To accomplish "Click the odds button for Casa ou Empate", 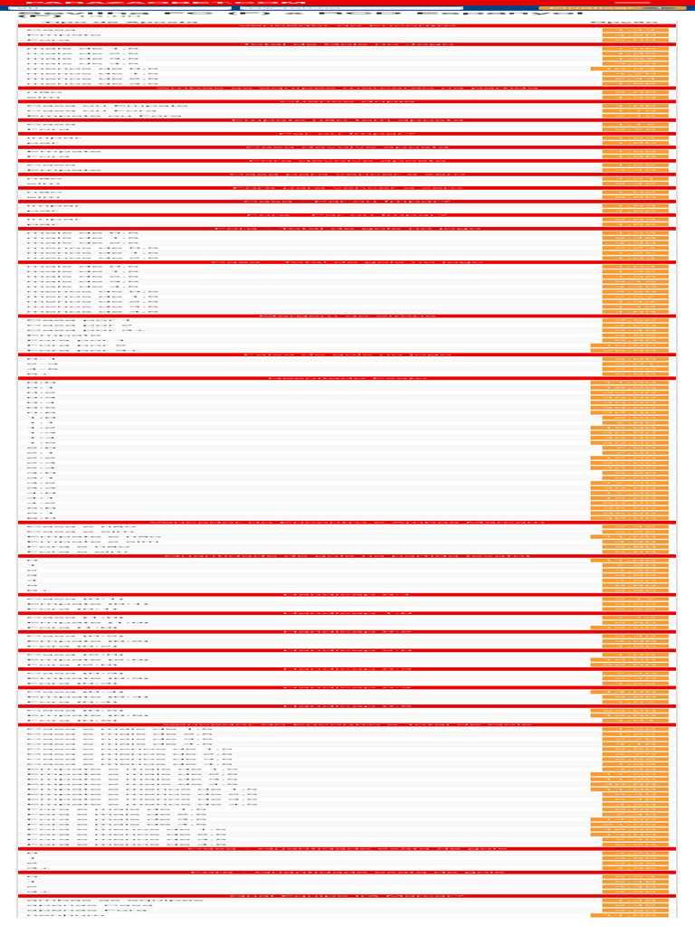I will pos(635,106).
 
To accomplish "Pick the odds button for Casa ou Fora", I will pos(635,111).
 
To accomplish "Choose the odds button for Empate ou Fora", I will pos(635,116).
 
